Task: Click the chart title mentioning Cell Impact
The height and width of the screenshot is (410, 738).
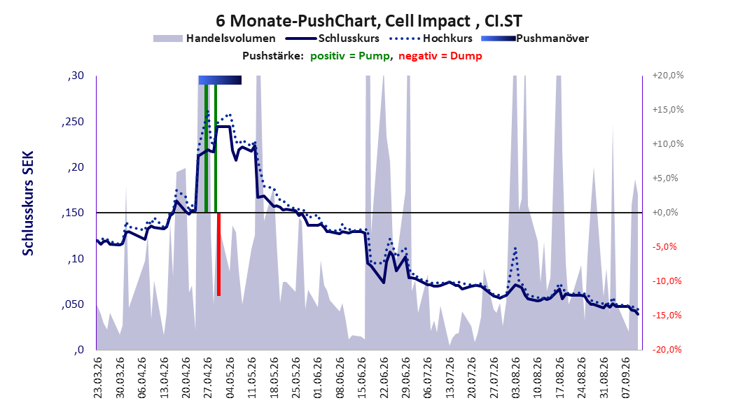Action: click(369, 21)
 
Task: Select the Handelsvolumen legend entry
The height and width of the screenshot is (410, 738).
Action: click(215, 38)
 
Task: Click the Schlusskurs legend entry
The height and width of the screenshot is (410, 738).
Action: click(333, 38)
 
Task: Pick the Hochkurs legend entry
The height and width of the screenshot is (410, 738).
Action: click(431, 38)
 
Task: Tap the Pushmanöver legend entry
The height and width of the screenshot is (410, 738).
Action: click(535, 38)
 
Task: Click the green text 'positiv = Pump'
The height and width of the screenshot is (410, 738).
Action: click(349, 56)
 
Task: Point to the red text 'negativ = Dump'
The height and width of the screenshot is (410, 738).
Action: click(440, 56)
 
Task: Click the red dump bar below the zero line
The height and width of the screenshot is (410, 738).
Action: click(219, 255)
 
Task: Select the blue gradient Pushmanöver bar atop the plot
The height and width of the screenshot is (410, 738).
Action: click(220, 80)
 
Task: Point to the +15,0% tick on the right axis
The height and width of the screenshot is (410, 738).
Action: click(668, 110)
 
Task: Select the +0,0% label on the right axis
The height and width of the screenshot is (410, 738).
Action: click(665, 213)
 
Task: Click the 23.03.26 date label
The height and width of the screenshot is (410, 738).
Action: click(98, 378)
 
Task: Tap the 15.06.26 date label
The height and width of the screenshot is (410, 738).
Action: click(362, 378)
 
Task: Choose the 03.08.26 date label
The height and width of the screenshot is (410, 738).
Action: click(516, 378)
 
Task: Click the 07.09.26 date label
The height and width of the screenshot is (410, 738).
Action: click(626, 378)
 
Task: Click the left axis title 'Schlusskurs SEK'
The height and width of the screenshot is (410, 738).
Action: click(28, 203)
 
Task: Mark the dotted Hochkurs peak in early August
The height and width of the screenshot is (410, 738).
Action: click(515, 248)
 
